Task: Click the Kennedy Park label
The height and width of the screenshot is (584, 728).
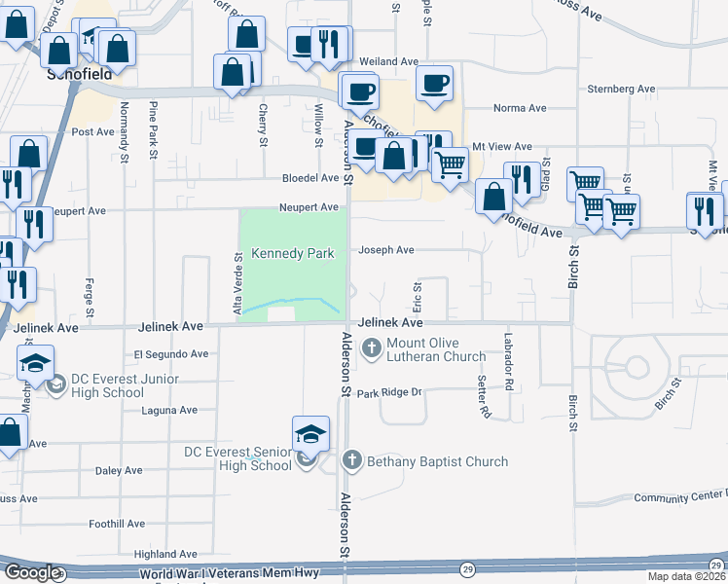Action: pos(293,253)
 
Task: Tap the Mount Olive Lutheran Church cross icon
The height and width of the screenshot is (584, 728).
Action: pos(372,347)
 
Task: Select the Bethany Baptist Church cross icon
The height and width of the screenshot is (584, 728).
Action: pos(352,460)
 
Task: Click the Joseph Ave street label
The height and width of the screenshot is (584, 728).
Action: pos(386,250)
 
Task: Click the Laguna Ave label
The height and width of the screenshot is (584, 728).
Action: pos(169,411)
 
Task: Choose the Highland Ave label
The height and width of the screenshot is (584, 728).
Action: pos(166,554)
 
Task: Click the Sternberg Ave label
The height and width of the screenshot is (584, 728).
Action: pos(621,90)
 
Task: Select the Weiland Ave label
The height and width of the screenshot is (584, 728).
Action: pos(388,61)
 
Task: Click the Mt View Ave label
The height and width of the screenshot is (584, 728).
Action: pos(502,146)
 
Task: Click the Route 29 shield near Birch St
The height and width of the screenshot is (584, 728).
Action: pos(469,568)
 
